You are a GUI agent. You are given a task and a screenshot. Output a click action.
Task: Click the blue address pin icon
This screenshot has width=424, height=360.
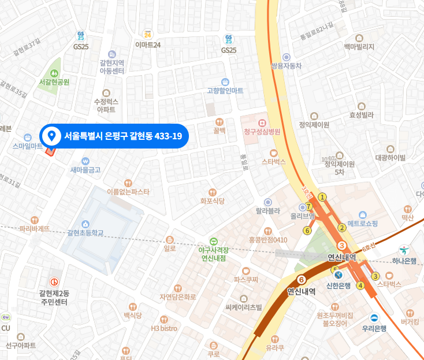51,136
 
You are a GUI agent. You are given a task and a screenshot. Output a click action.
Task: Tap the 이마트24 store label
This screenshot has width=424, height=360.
147,44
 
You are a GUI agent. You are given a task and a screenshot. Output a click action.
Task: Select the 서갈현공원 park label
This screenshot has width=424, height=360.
54,81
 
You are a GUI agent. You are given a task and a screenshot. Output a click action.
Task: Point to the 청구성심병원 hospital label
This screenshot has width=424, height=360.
262,131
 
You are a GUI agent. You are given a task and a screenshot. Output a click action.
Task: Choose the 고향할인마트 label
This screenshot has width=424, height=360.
225,90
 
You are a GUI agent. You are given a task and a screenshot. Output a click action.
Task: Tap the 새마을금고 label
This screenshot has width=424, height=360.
85,169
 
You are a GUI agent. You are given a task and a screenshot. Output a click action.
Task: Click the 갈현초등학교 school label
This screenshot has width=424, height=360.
85,232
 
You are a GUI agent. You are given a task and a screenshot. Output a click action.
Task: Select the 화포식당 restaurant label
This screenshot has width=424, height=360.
212,201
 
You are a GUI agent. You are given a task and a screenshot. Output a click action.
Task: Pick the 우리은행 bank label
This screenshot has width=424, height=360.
374,328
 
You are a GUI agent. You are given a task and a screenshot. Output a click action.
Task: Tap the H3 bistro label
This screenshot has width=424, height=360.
164,328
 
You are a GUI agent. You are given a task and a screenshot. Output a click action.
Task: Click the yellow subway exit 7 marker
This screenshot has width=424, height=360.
309,206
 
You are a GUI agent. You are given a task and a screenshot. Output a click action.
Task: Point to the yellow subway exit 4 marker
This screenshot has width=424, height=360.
360,285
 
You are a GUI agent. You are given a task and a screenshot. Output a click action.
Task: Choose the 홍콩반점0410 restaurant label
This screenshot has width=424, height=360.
268,239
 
